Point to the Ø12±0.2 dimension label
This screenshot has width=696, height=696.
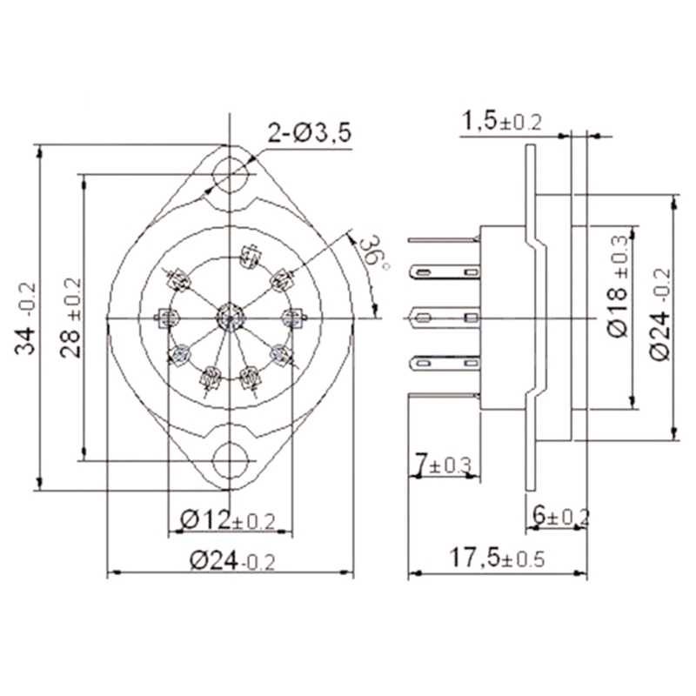point(227,520)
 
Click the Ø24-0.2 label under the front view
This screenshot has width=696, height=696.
point(231,560)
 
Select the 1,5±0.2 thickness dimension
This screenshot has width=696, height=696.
point(502,122)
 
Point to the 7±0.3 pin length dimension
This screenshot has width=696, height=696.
point(442,465)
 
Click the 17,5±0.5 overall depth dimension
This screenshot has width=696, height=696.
point(496,558)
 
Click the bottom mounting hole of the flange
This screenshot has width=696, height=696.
point(231,458)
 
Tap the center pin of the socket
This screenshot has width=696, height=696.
point(228,316)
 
